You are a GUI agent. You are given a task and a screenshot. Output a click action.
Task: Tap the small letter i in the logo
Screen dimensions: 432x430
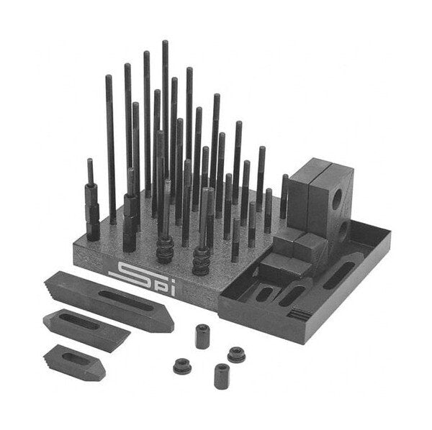172,291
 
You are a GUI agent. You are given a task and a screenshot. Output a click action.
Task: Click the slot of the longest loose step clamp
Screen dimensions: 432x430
125,301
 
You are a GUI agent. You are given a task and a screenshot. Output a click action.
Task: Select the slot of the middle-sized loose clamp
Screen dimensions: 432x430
79,321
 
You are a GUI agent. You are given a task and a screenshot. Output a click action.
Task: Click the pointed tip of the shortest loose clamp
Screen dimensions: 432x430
102,375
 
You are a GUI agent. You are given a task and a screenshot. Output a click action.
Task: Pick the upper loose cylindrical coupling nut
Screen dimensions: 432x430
202,337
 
